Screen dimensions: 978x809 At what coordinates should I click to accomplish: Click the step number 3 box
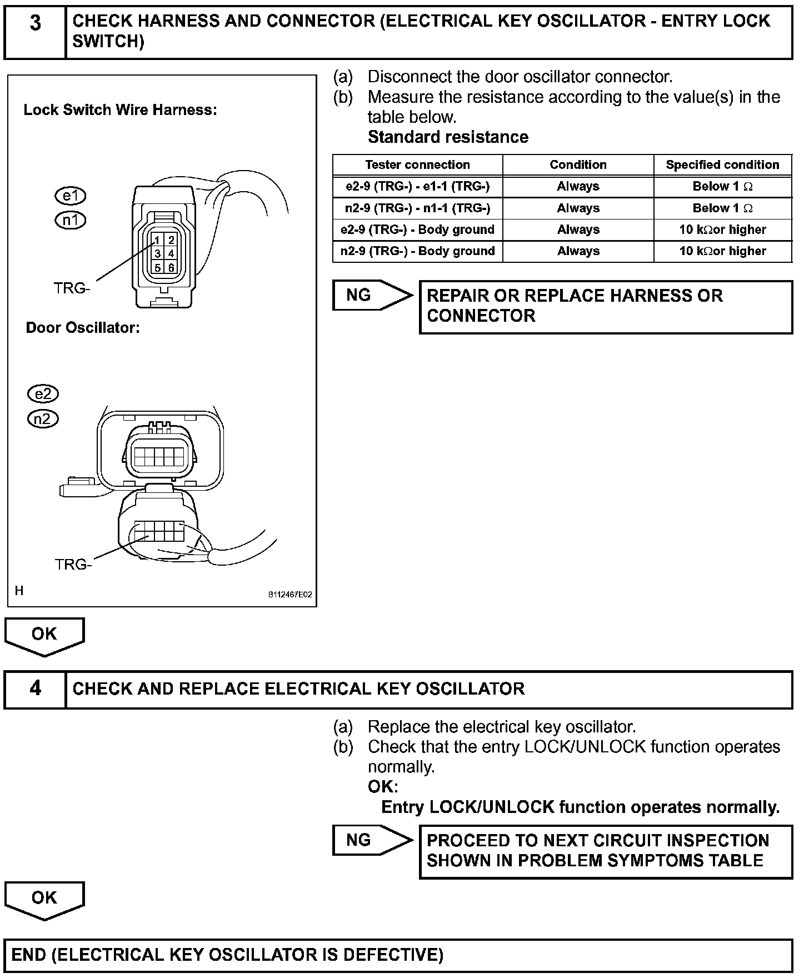tap(35, 32)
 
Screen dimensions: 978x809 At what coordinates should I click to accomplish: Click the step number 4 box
tap(35, 689)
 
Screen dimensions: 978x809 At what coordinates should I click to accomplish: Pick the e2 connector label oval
tap(43, 394)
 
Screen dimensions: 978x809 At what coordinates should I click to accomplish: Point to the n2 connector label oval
tap(43, 418)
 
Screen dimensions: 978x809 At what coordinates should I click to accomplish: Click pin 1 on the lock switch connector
tap(158, 240)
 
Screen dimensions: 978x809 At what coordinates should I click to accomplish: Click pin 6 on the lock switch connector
tap(171, 268)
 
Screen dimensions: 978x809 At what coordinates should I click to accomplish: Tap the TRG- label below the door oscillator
tap(73, 565)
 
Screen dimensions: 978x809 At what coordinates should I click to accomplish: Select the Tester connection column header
tap(417, 165)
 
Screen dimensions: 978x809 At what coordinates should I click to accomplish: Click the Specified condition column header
tap(722, 165)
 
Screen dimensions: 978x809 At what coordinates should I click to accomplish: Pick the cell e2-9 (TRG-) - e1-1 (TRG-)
tap(417, 187)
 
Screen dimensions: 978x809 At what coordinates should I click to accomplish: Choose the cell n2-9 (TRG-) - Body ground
tap(417, 251)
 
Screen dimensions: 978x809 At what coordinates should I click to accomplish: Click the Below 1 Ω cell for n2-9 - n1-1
tap(722, 208)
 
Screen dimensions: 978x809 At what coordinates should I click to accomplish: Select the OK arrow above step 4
tap(44, 635)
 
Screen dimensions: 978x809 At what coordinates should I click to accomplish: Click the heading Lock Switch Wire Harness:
tap(120, 110)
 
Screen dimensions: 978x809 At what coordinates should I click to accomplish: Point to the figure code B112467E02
tap(290, 595)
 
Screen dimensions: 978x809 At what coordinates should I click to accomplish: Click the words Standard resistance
tap(448, 137)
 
